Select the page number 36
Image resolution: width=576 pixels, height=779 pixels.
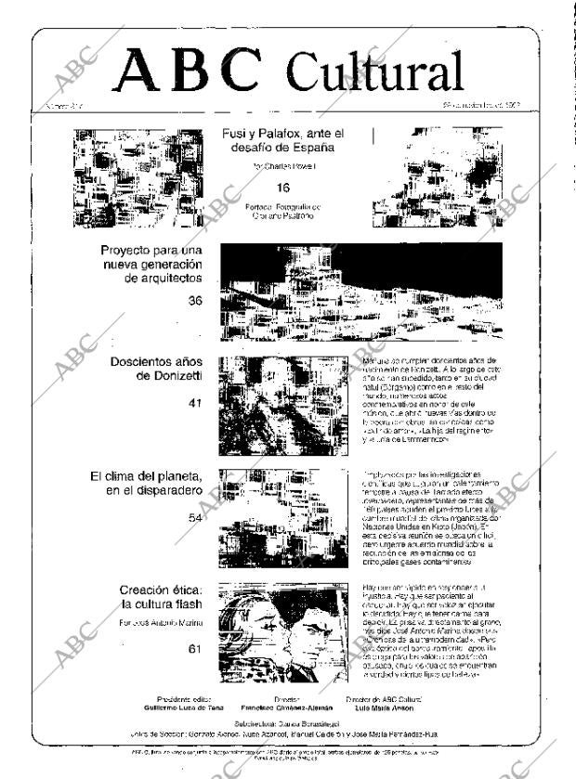pos(194,300)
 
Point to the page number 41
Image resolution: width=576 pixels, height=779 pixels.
pos(194,403)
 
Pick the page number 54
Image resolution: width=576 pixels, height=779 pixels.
pos(194,517)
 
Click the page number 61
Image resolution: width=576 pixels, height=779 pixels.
pos(194,649)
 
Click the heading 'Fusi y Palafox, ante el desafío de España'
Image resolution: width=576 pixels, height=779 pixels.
pos(282,140)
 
